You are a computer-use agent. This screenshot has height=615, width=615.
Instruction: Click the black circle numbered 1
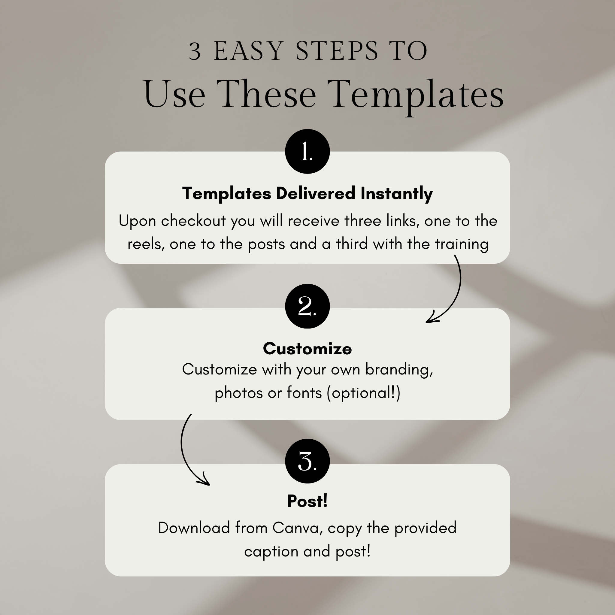click(x=307, y=151)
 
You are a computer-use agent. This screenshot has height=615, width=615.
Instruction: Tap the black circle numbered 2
click(x=307, y=306)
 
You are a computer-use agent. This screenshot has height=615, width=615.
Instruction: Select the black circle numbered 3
click(x=307, y=461)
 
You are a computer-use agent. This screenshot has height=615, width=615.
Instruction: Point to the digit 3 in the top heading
click(x=195, y=51)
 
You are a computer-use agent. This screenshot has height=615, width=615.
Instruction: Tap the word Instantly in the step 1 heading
click(x=396, y=194)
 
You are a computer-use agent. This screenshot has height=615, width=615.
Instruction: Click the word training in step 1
click(x=462, y=244)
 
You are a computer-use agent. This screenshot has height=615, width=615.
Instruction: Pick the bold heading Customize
click(x=307, y=349)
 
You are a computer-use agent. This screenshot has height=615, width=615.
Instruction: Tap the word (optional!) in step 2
click(x=363, y=393)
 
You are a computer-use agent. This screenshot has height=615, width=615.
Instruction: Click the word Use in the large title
click(x=174, y=95)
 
